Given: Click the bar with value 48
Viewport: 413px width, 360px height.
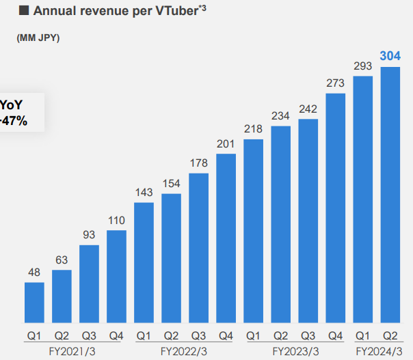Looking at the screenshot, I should (x=34, y=303).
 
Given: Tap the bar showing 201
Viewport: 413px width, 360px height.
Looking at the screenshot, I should (x=226, y=238).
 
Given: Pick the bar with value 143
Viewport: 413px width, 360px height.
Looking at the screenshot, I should (x=144, y=263).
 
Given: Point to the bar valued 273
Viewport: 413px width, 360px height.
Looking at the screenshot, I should (x=335, y=208).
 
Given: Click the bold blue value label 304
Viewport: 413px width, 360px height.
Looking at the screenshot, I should (x=390, y=56).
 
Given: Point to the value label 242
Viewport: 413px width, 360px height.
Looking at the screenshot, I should (x=308, y=110).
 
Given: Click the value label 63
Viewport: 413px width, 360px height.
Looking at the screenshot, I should (x=62, y=260).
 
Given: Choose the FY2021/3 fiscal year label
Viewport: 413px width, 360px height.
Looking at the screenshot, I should (x=75, y=351).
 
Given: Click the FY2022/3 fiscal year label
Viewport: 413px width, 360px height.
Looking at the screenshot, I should (x=184, y=351).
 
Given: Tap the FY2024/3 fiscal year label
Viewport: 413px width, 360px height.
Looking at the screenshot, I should (x=377, y=351).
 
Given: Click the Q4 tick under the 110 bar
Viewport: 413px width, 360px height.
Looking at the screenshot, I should (x=116, y=335).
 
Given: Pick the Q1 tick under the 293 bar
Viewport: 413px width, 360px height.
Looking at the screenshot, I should (x=362, y=335).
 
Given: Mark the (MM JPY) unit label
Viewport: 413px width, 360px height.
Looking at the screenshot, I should (x=38, y=38).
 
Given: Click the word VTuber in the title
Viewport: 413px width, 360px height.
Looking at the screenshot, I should (x=158, y=10).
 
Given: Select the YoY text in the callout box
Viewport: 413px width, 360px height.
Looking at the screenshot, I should (x=12, y=105).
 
